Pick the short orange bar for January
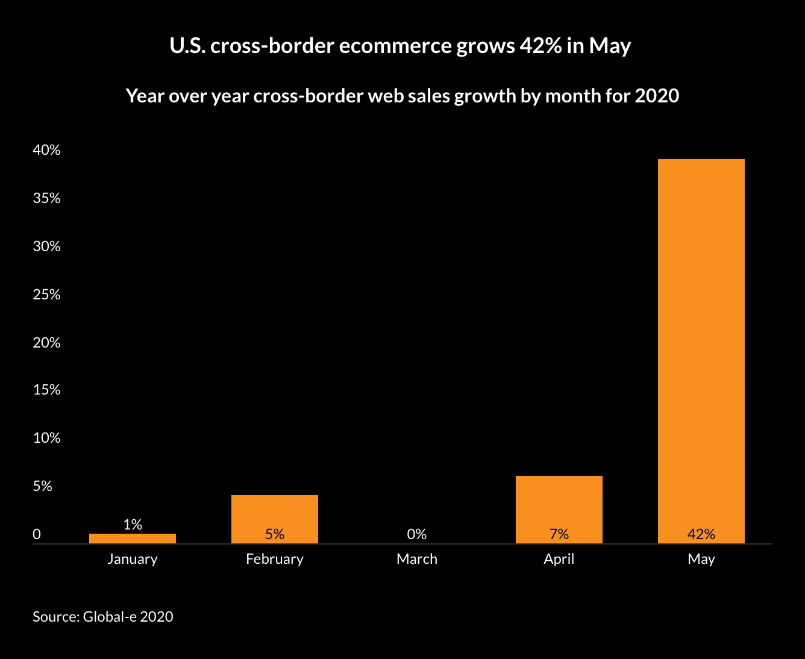pos(132,539)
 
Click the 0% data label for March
pos(416,534)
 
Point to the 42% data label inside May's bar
pos(701,534)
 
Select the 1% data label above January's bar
pos(133,525)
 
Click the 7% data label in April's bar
pos(559,534)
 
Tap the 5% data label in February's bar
pos(274,534)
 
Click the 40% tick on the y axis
pos(46,151)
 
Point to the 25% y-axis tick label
pos(46,295)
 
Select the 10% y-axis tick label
pos(46,439)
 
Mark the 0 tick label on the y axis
pos(37,534)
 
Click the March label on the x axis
pos(416,559)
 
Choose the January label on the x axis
pos(132,559)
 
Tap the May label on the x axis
pos(701,559)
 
